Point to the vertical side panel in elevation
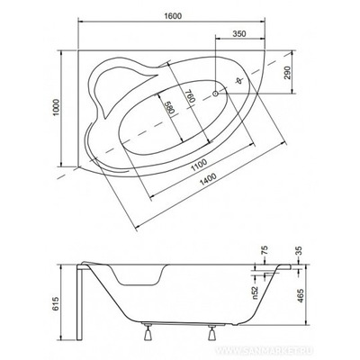coord(84,306)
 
